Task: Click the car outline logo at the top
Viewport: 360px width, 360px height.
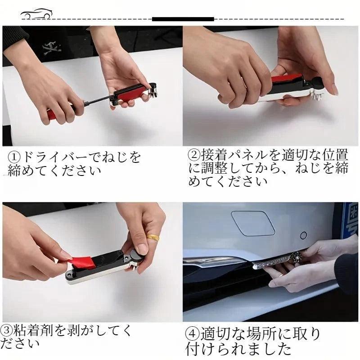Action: [37, 14]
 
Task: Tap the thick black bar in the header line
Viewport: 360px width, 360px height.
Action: [183, 19]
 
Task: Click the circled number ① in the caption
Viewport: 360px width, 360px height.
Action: [14, 157]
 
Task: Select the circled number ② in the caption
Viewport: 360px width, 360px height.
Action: [194, 155]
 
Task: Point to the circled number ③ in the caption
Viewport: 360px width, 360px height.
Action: [6, 330]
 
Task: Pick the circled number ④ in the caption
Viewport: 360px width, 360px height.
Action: [192, 334]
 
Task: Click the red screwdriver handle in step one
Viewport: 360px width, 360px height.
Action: [52, 114]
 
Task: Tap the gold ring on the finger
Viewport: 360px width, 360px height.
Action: [153, 237]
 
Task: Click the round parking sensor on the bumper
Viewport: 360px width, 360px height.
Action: [303, 235]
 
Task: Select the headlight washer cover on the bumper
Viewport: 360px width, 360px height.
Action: [252, 223]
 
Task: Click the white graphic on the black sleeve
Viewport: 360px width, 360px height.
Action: [52, 49]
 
